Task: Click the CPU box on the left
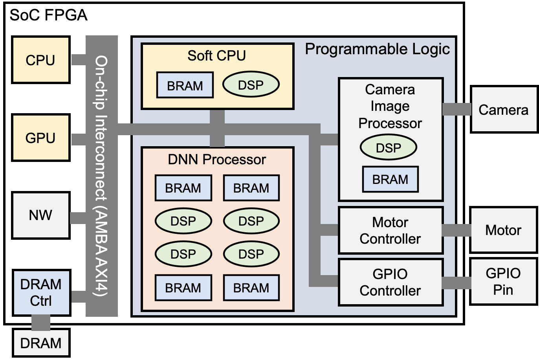[40, 60]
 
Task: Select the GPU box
[40, 138]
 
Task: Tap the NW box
[40, 215]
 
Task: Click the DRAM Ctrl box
[41, 292]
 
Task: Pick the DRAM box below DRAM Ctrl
[41, 343]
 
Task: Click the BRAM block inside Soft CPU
[185, 85]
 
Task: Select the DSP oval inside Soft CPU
[251, 84]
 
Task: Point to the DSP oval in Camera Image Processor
[388, 147]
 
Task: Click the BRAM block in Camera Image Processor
[390, 179]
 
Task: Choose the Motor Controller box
[390, 230]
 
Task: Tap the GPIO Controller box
[390, 282]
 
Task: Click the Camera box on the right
[503, 110]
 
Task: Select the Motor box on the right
[503, 230]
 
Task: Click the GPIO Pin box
[503, 281]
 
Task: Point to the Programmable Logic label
[377, 49]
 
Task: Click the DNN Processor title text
[217, 159]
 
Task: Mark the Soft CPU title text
[216, 55]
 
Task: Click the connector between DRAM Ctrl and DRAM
[41, 322]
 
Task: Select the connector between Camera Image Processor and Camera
[457, 109]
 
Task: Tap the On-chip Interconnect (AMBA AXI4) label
[102, 176]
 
